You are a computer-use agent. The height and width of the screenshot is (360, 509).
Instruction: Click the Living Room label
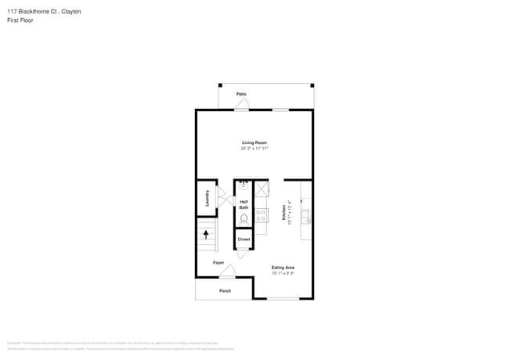tap(254, 142)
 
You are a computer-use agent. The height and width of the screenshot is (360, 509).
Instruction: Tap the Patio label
tap(242, 94)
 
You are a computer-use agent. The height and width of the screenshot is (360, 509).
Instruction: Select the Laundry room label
tap(207, 197)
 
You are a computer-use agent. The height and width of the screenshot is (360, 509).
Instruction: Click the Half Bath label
tap(244, 204)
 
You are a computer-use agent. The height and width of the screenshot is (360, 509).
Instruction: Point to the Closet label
tap(244, 239)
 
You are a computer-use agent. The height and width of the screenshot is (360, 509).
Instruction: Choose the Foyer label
tap(218, 262)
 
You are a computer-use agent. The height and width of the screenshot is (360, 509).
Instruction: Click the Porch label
tap(225, 290)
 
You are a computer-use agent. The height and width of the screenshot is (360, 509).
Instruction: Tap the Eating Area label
tap(283, 268)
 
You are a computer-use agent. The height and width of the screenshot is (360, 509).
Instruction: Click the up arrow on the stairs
tap(207, 233)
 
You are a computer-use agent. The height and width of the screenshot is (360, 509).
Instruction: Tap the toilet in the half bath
tap(244, 219)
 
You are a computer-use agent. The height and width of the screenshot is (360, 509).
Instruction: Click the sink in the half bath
tap(244, 186)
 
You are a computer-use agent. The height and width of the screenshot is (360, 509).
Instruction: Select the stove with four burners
tap(262, 213)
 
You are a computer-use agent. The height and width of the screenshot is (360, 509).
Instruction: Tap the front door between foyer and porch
tap(227, 272)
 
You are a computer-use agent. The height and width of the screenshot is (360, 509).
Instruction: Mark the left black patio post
tap(220, 85)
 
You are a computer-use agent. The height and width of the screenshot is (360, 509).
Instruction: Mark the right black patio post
tap(312, 85)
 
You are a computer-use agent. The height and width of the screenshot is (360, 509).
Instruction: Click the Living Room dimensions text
tap(254, 148)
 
